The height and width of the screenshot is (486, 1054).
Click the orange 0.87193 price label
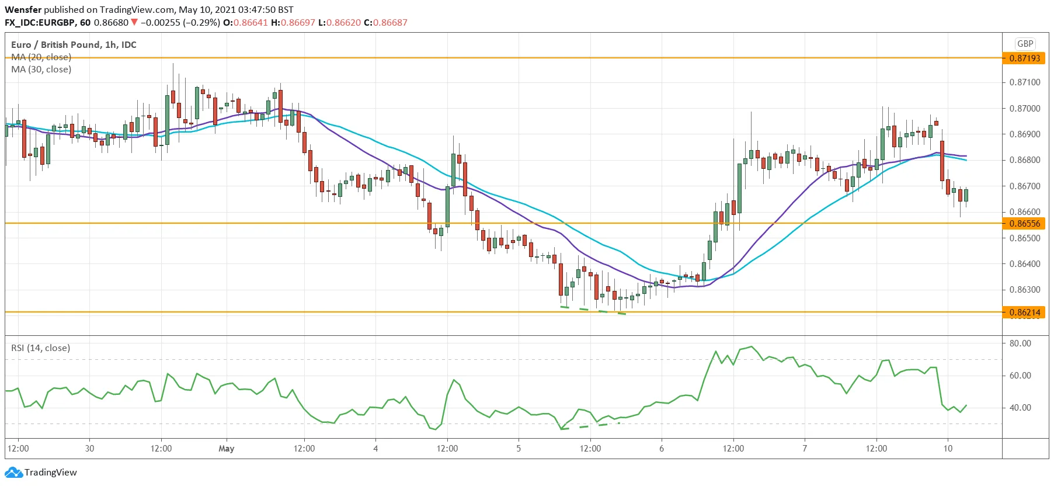(x=1025, y=58)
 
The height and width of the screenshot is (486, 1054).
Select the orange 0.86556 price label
(x=1025, y=224)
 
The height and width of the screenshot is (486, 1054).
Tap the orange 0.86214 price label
(x=1025, y=313)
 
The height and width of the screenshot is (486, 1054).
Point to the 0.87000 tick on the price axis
(x=1025, y=109)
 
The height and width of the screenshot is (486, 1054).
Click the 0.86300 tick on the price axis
(x=1025, y=290)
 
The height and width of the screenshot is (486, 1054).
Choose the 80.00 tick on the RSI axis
(x=1020, y=343)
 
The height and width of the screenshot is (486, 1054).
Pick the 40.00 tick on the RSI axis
(x=1020, y=408)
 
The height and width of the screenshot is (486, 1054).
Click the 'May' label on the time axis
(x=226, y=449)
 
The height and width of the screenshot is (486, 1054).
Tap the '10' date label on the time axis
(x=948, y=449)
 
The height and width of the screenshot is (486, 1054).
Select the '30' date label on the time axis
(x=89, y=449)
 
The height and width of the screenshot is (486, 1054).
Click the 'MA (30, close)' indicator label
(x=41, y=70)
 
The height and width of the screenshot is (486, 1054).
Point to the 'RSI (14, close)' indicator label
(x=40, y=348)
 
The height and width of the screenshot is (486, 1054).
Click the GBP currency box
(x=1025, y=44)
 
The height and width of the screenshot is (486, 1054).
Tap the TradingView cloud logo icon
(x=13, y=472)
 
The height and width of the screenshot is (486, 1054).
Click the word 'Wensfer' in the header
(x=23, y=10)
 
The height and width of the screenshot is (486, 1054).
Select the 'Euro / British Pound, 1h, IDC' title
(x=74, y=44)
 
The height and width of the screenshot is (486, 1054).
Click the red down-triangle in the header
(x=134, y=22)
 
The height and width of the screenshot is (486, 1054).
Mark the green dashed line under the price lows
(x=593, y=310)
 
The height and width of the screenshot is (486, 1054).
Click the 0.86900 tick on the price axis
(x=1025, y=134)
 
